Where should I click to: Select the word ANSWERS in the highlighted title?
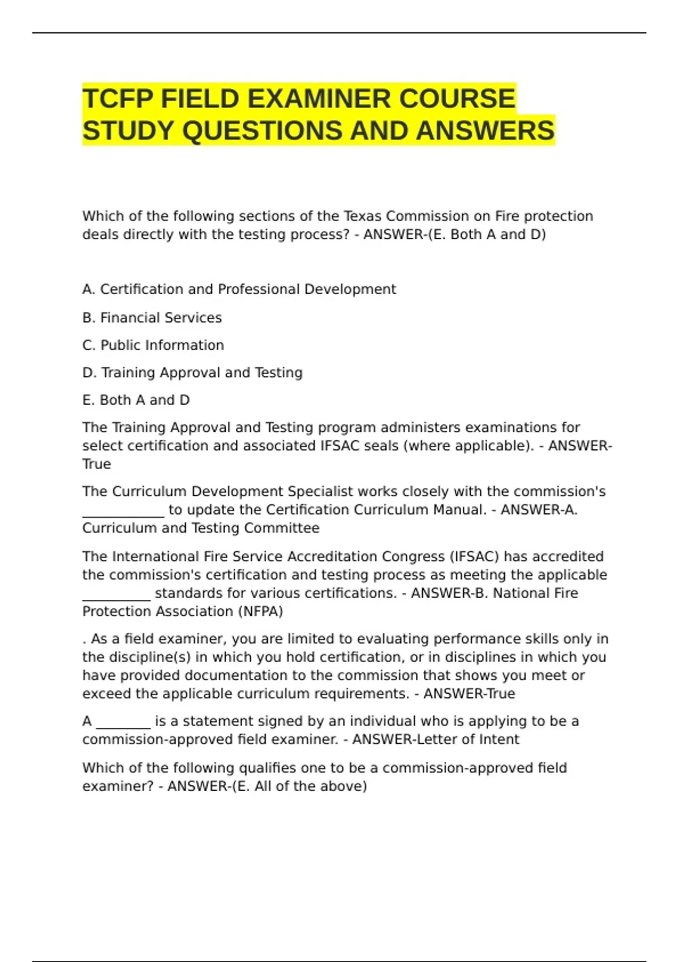pyautogui.click(x=485, y=131)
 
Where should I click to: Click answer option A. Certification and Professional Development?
pyautogui.click(x=239, y=289)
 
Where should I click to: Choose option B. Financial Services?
pyautogui.click(x=152, y=317)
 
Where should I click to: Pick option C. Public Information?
pyautogui.click(x=153, y=345)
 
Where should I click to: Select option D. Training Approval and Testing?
pyautogui.click(x=192, y=372)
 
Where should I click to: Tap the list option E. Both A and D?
pyautogui.click(x=136, y=400)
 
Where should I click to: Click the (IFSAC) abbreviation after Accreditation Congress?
pyautogui.click(x=474, y=556)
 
